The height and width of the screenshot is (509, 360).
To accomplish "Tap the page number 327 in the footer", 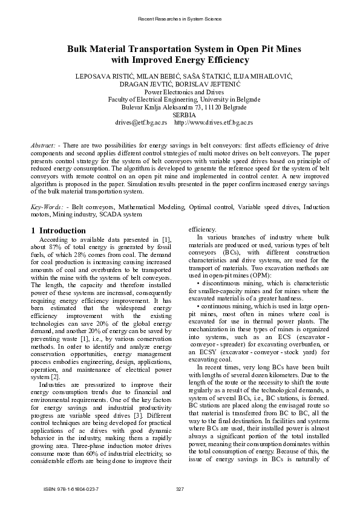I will click(180, 488).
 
